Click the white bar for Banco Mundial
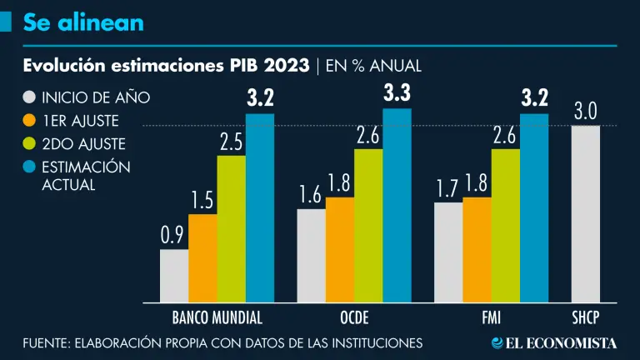pos(173,275)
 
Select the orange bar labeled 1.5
pos(202,258)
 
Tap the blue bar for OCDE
pos(397,205)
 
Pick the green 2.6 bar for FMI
pos(505,225)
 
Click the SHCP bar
pos(585,213)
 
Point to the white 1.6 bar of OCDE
pos(311,255)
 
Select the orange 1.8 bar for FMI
pos(477,249)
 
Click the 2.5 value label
pos(231,142)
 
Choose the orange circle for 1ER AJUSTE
pos(29,120)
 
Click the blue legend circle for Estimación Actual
pos(29,167)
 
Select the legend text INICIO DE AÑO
pos(96,97)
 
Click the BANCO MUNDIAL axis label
pos(217,317)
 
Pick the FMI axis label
pos(491,317)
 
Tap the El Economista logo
pos(553,342)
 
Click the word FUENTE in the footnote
pos(45,342)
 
